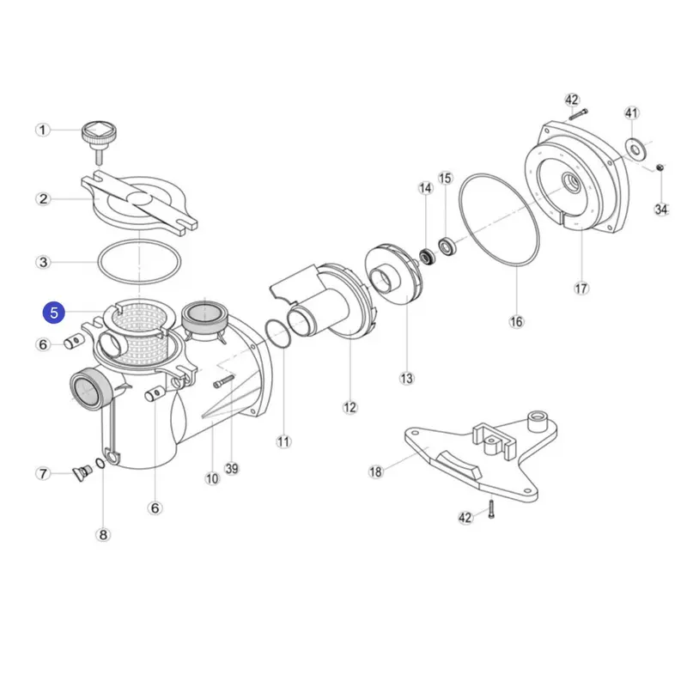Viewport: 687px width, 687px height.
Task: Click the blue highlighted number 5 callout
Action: click(x=54, y=313)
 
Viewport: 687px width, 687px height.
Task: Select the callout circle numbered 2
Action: click(x=43, y=199)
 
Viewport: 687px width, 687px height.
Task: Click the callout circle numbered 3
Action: click(x=43, y=261)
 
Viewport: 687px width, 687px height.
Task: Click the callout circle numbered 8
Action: click(x=103, y=535)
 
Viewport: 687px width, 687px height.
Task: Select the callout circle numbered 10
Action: click(x=212, y=479)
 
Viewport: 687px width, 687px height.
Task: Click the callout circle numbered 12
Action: click(x=350, y=407)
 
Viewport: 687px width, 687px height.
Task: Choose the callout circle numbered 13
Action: click(x=406, y=378)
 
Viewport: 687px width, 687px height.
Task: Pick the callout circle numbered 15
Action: click(x=445, y=178)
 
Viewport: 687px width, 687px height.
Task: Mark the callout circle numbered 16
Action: click(x=515, y=321)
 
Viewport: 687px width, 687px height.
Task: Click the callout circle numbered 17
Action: click(x=581, y=289)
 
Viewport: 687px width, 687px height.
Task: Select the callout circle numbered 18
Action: click(x=375, y=471)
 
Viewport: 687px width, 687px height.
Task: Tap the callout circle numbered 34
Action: click(x=660, y=209)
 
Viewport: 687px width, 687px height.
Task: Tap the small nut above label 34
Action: click(x=660, y=167)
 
